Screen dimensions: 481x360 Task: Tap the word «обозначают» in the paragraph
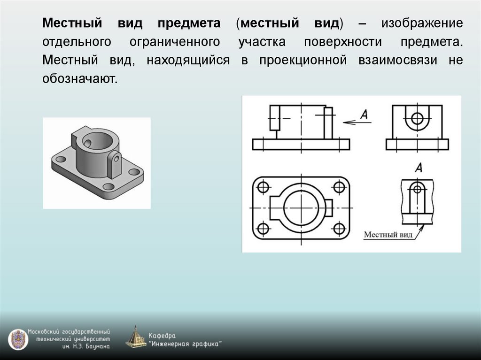[78, 79]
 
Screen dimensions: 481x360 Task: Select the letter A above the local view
[419, 168]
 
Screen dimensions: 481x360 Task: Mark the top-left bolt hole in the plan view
[263, 187]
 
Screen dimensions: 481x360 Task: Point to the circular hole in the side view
[417, 118]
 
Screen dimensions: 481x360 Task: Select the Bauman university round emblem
[18, 339]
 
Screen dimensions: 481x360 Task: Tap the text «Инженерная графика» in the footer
[185, 344]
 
